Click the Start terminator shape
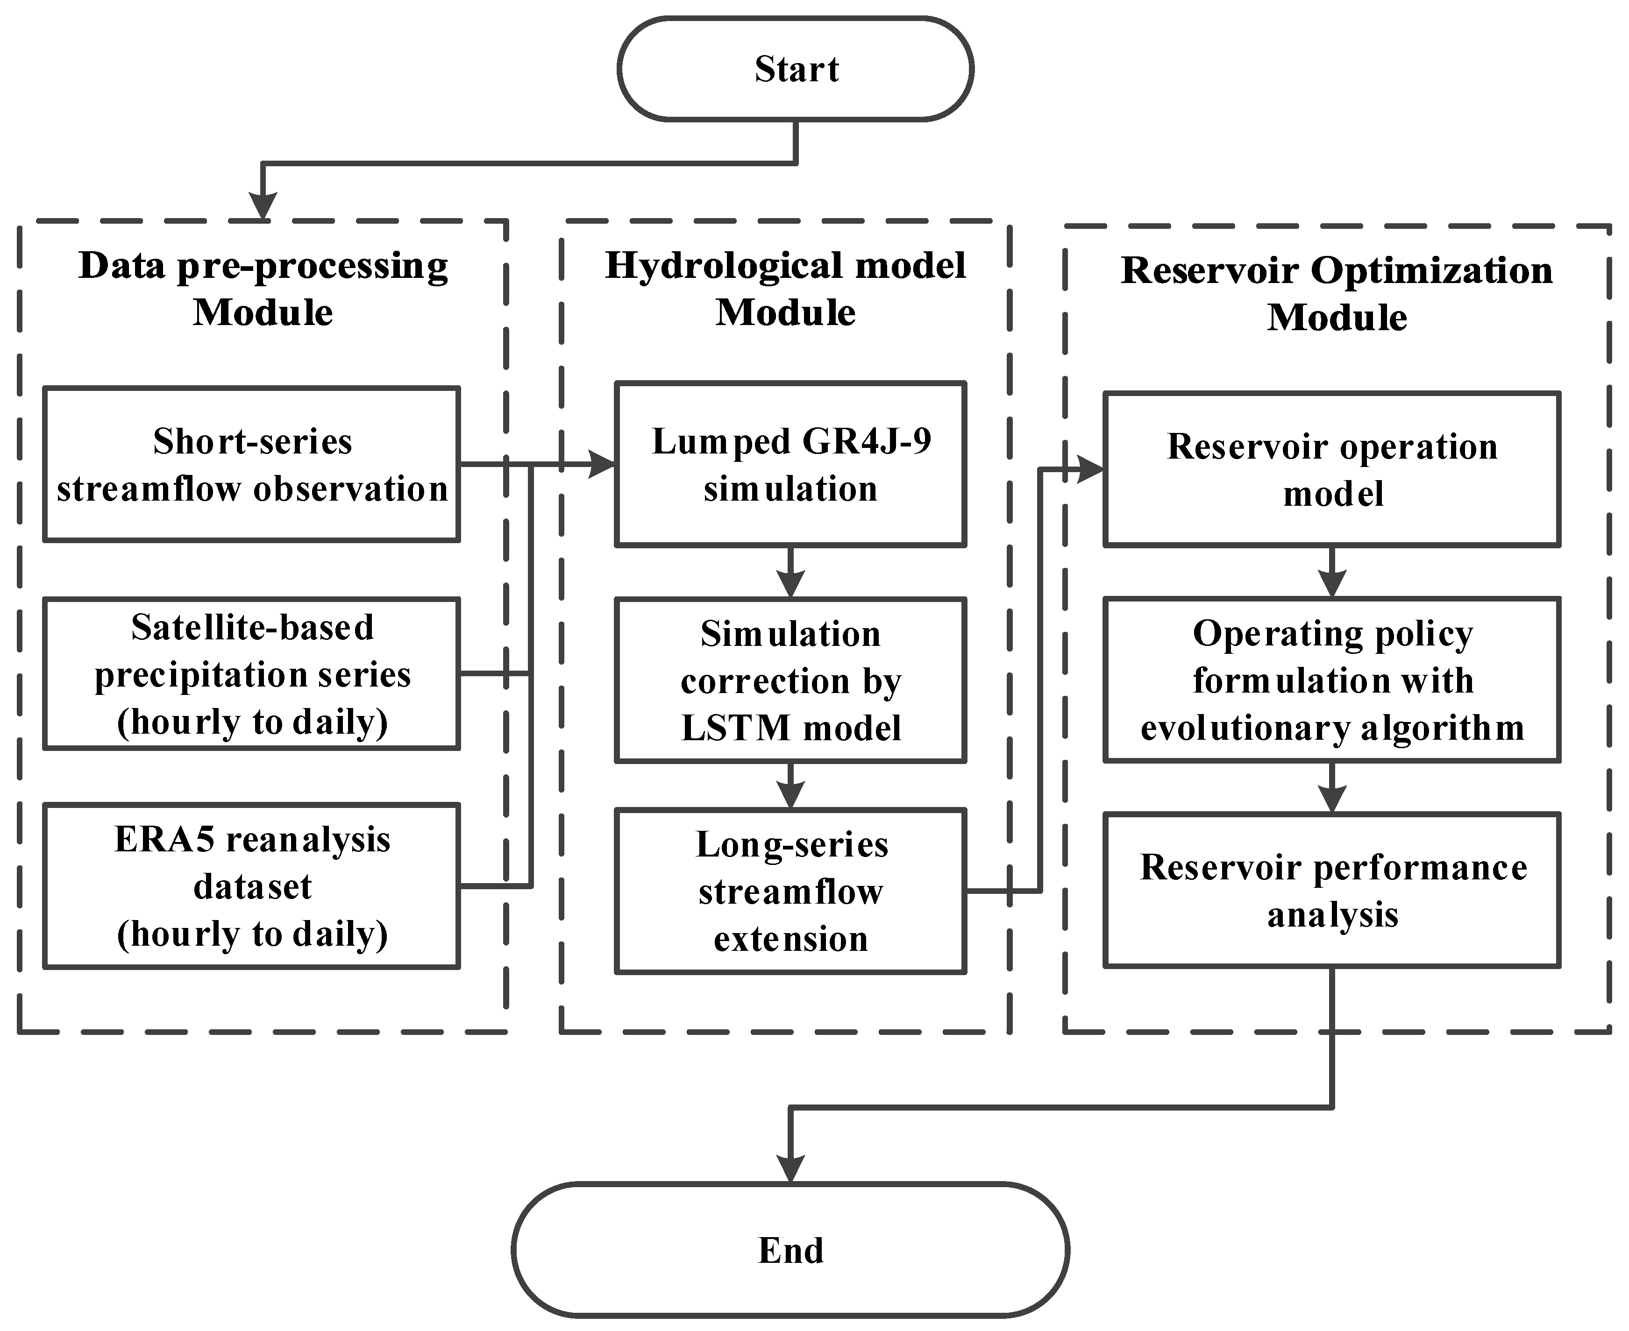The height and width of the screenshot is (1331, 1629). click(x=795, y=69)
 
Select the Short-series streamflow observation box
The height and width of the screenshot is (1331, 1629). click(x=251, y=465)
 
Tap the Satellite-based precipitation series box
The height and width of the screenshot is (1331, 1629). click(x=251, y=674)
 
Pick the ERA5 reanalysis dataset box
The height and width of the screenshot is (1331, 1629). click(x=251, y=886)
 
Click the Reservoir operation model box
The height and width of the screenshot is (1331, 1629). click(x=1332, y=469)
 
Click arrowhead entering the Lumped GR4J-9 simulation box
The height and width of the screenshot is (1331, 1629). click(x=602, y=465)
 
